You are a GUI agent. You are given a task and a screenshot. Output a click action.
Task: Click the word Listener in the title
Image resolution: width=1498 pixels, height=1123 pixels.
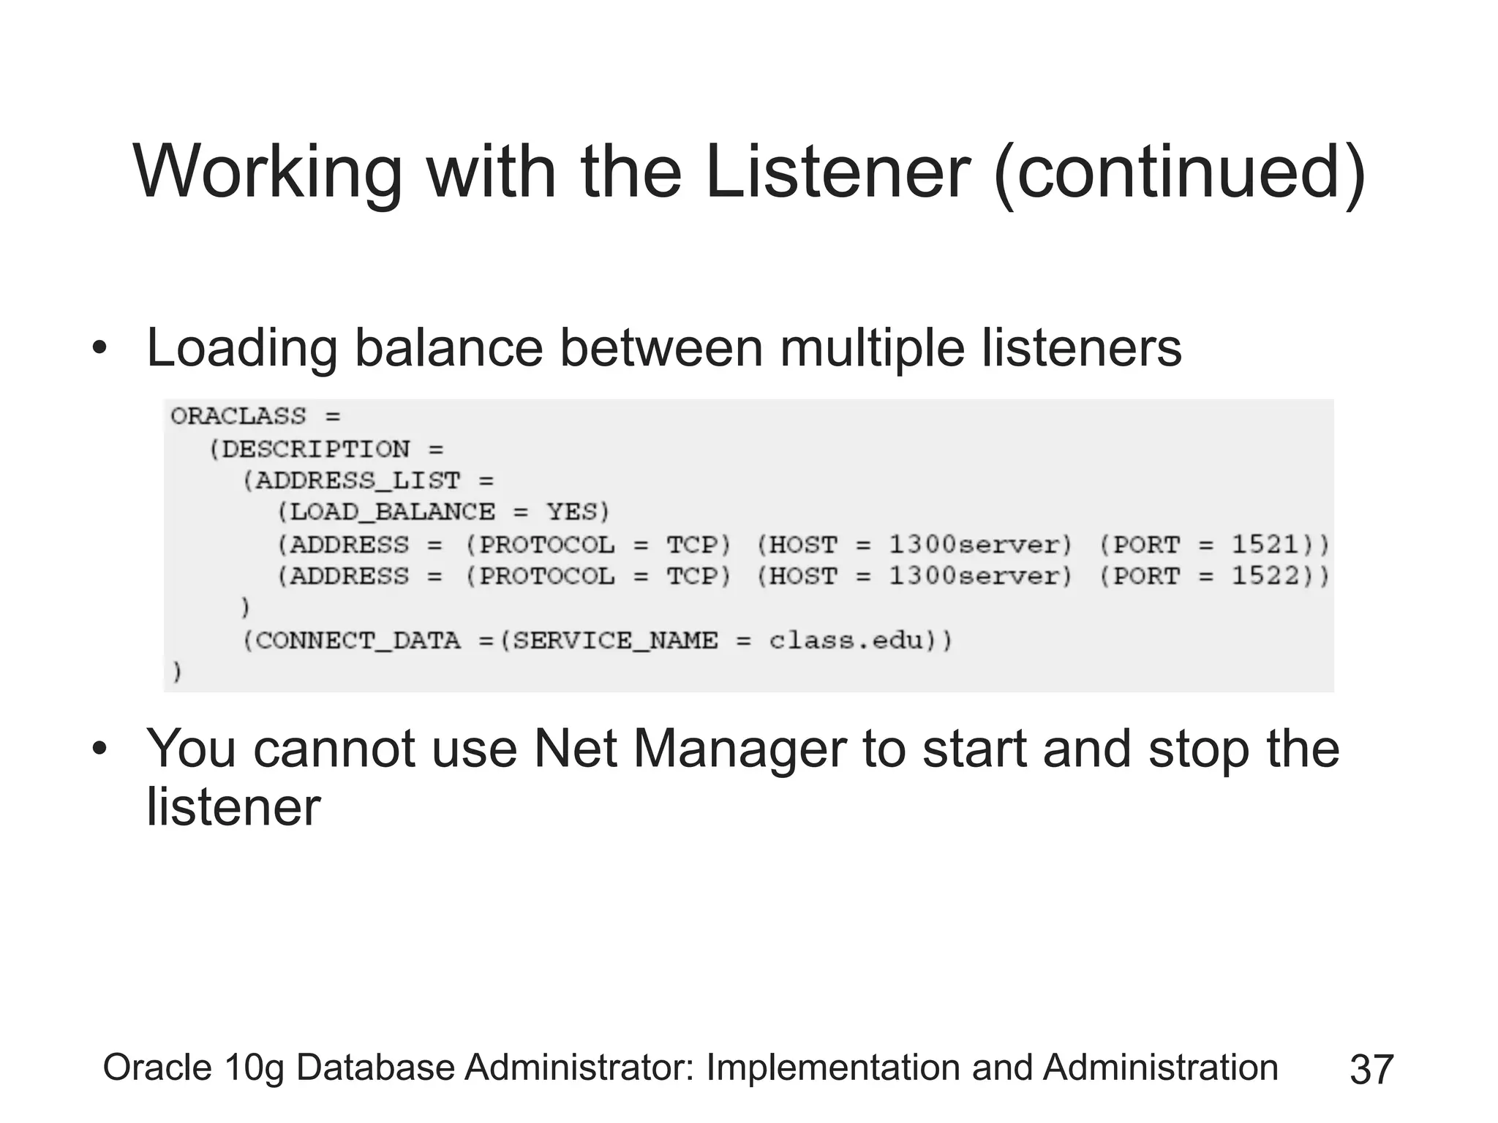[837, 173]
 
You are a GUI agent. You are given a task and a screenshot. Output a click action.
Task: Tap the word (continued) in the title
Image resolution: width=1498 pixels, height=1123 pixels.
[1180, 173]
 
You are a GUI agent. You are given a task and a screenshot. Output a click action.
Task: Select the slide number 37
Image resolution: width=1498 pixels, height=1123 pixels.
[1371, 1069]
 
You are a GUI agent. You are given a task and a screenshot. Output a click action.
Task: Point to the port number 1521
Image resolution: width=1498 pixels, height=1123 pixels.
[1265, 545]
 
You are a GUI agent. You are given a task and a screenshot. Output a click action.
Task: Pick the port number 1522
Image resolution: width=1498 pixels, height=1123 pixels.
[1265, 576]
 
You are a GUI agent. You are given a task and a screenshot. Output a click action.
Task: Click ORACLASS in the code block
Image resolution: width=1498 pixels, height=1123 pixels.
[238, 417]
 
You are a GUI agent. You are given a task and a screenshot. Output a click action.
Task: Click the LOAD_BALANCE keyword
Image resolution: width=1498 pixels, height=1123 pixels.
[392, 512]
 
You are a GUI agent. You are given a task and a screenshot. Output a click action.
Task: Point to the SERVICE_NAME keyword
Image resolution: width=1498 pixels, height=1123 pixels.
[616, 640]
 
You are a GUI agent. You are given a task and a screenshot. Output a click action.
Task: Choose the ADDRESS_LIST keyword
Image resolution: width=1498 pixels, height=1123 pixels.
[358, 480]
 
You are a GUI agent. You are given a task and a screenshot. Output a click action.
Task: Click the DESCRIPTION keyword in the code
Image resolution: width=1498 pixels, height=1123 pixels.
[315, 449]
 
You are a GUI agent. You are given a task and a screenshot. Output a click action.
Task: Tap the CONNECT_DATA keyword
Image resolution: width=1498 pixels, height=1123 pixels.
[358, 640]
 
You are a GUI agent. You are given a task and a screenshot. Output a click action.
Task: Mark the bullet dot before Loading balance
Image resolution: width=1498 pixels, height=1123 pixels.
[99, 348]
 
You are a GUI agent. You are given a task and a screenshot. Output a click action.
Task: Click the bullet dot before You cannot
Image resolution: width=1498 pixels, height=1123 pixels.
[99, 749]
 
